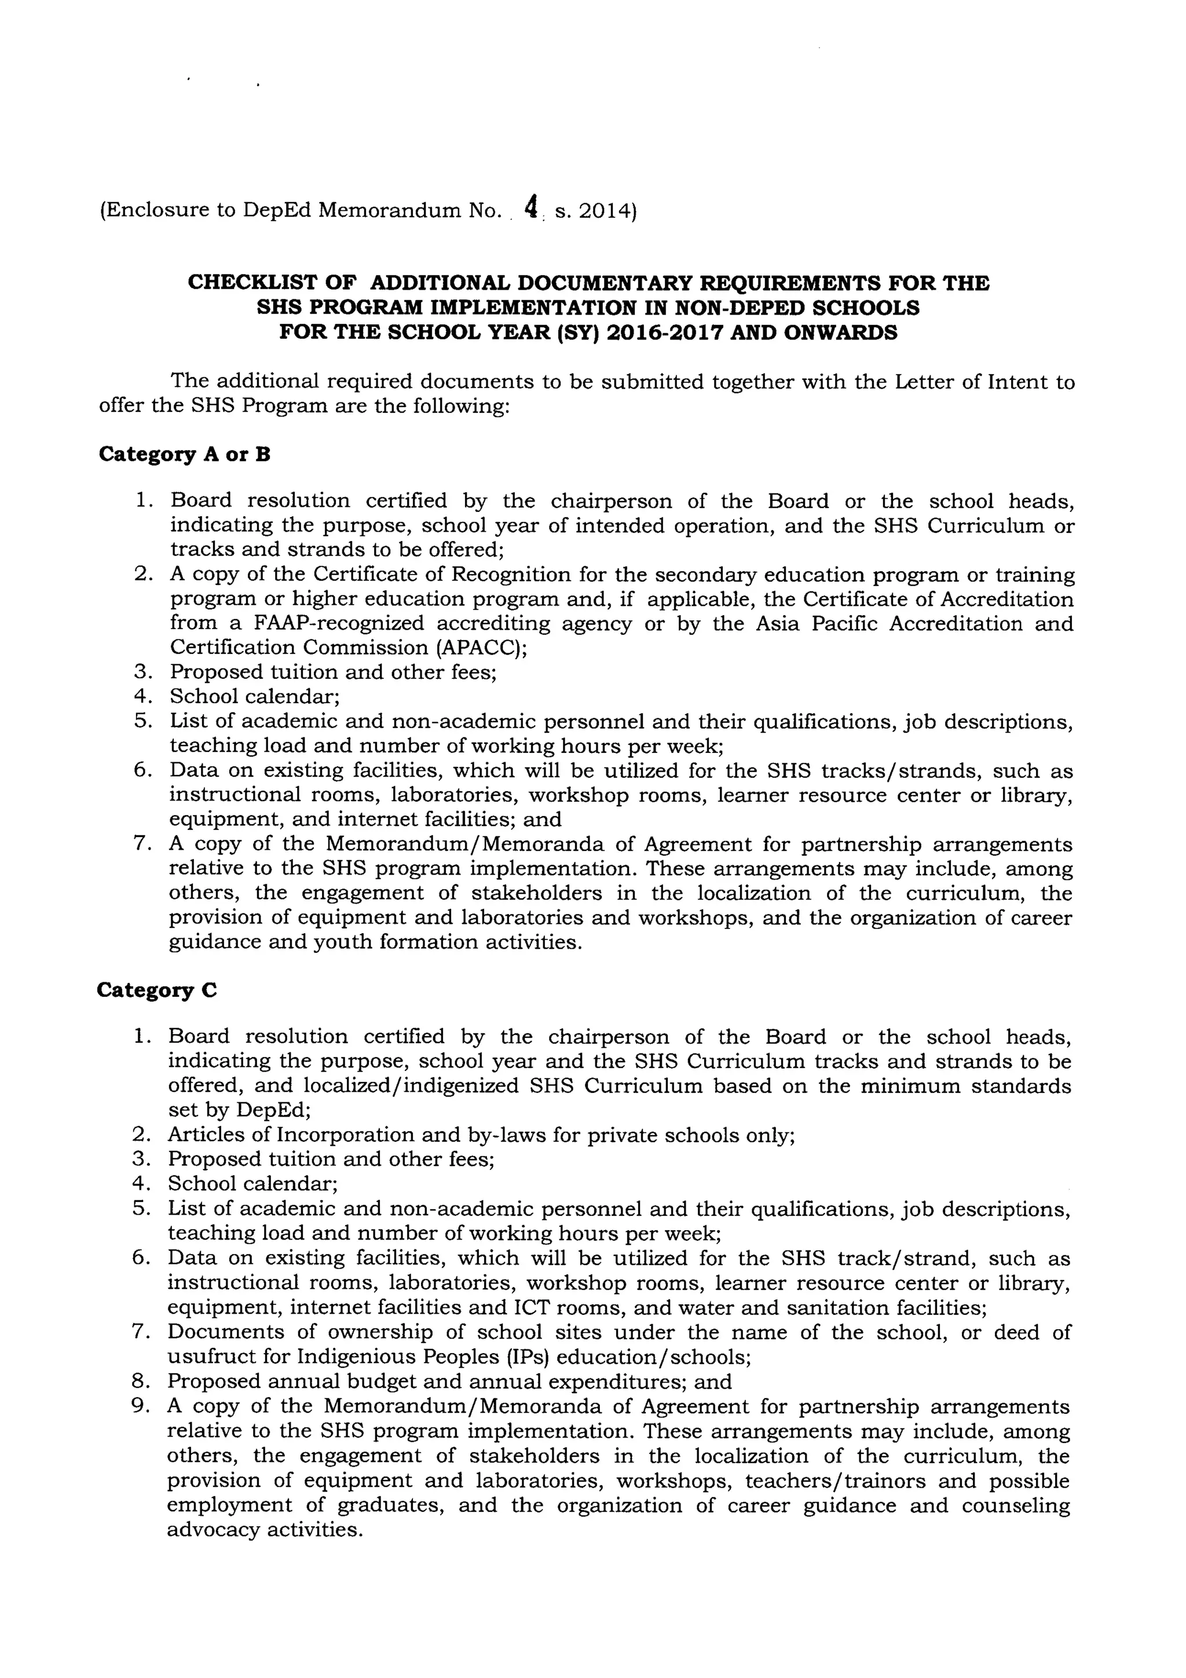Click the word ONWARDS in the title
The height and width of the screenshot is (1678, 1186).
pyautogui.click(x=840, y=332)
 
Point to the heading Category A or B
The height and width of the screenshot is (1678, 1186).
pyautogui.click(x=184, y=455)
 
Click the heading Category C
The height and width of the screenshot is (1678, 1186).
pyautogui.click(x=157, y=990)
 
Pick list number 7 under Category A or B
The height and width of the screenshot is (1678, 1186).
pyautogui.click(x=142, y=843)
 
